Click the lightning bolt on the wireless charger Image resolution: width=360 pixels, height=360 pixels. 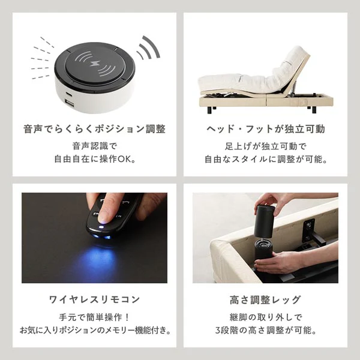point(95,64)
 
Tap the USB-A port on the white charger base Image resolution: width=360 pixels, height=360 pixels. point(70,104)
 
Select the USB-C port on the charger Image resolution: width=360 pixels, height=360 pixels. point(70,95)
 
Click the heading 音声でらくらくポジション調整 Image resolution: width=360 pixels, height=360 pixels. point(94,129)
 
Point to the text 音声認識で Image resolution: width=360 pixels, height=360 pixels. point(95,146)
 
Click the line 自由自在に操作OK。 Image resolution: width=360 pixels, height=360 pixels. point(95,159)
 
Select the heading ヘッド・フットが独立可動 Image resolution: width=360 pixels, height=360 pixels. point(266,129)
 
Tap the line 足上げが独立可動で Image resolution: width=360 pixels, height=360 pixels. point(266,146)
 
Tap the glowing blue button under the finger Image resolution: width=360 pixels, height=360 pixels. point(101,227)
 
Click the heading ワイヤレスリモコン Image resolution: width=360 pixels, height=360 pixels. point(95,299)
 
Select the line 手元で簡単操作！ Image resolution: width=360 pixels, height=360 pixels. point(95,317)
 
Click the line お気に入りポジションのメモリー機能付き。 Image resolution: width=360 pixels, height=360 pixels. point(95,330)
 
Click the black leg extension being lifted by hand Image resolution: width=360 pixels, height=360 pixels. point(265,221)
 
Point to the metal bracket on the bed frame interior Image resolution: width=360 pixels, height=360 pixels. point(308,230)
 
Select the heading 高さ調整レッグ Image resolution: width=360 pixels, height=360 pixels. point(266,299)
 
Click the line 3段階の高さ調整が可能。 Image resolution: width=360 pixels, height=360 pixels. point(266,330)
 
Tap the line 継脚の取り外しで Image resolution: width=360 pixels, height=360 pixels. point(266,317)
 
